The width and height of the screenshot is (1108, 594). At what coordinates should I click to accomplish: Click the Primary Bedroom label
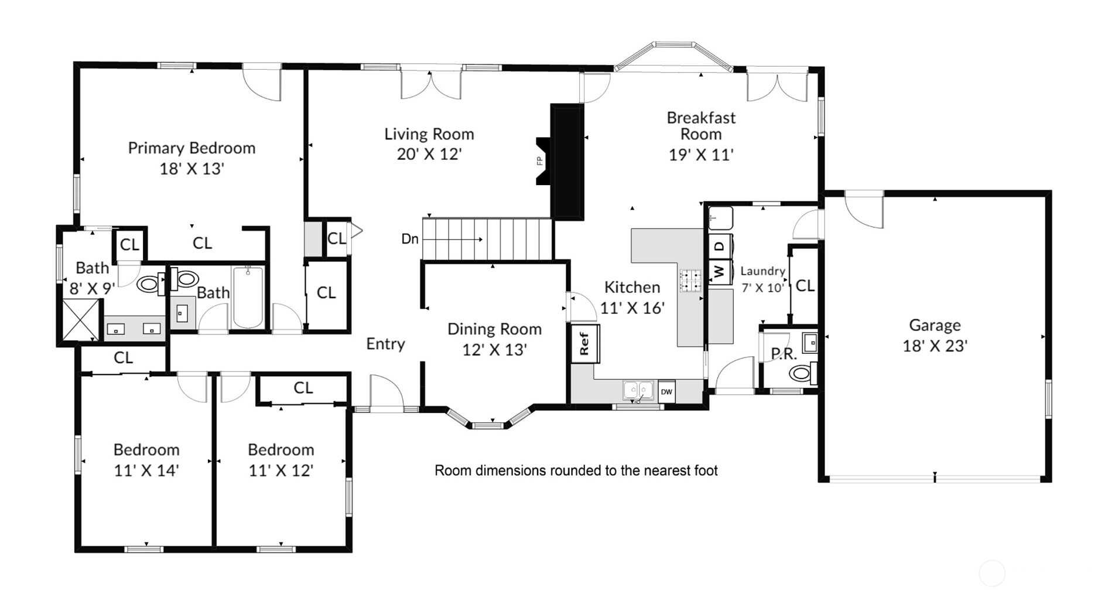point(191,148)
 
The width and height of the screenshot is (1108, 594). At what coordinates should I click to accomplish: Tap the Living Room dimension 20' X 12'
point(429,154)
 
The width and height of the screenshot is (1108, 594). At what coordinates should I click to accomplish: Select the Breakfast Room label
point(701,126)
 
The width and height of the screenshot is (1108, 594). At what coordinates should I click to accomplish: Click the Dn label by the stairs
point(410,239)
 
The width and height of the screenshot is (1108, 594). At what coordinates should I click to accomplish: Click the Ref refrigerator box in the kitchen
point(584,343)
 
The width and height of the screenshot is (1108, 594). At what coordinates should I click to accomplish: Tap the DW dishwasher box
point(666,392)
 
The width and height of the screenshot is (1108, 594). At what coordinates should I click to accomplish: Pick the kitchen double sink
point(638,390)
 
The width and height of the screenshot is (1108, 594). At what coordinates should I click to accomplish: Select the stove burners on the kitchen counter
point(690,281)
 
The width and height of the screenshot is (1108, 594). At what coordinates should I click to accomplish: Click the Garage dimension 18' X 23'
point(935,346)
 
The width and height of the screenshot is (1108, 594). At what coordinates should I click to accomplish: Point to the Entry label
point(385,344)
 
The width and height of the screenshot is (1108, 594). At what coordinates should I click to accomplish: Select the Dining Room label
point(494,329)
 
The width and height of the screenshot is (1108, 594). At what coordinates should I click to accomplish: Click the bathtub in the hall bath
point(248,298)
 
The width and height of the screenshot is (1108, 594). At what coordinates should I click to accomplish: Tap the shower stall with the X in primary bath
point(81,320)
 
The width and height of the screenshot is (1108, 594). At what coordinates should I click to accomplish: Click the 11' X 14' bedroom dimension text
point(146,470)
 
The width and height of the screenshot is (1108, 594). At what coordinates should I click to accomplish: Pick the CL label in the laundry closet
point(805,286)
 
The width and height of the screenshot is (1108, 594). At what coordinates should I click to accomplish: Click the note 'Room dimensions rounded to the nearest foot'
point(576,470)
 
